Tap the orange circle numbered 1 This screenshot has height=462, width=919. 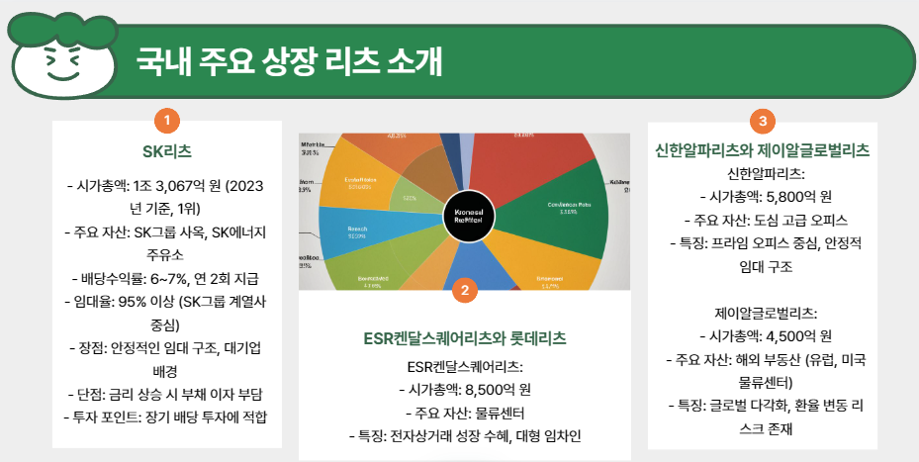point(168,121)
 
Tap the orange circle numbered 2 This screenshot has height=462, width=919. point(465,289)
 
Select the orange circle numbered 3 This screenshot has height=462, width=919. point(761,121)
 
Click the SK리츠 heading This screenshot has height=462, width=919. point(167,151)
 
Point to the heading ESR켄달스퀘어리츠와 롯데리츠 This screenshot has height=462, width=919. point(465,338)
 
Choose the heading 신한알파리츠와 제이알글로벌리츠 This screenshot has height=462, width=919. point(762,150)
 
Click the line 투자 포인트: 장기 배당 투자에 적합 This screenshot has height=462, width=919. point(167,415)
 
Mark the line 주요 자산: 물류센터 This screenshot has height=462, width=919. point(465,412)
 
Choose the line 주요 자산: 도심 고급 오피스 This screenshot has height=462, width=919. point(761,220)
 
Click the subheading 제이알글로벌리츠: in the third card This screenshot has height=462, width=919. point(761,312)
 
